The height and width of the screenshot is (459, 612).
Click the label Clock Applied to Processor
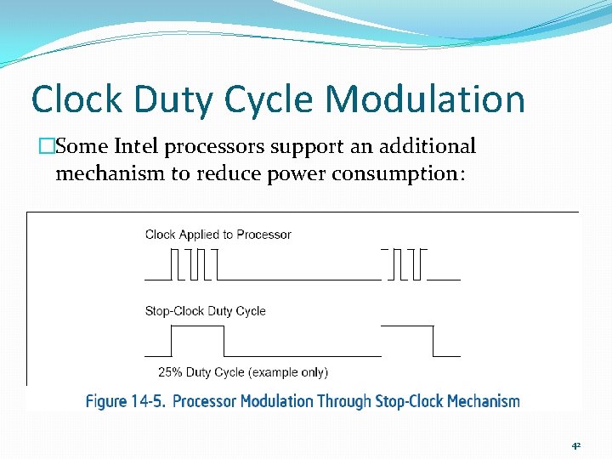point(218,235)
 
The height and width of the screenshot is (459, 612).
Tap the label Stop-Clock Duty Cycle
point(205,311)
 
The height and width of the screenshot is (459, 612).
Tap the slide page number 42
point(575,445)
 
